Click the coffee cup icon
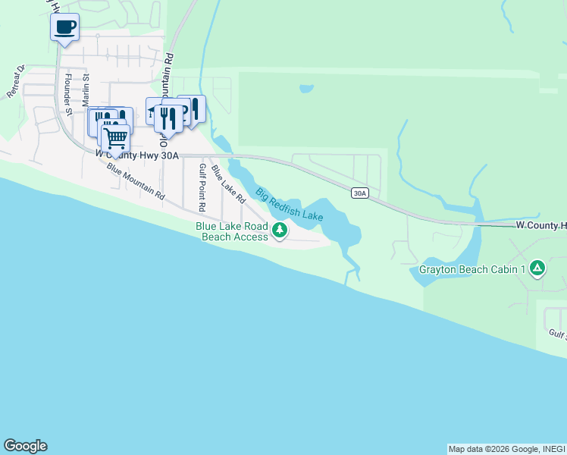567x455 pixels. pos(64,28)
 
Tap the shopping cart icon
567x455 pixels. pos(115,138)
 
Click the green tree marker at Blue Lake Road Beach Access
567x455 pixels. pos(280,231)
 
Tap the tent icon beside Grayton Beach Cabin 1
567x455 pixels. pos(537,268)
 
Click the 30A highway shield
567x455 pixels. pos(360,193)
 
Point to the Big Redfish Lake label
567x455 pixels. pos(289,204)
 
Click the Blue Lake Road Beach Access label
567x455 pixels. pos(232,231)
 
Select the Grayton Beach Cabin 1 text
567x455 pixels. pos(472,269)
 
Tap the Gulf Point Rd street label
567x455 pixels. pos(202,187)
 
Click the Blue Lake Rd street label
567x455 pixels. pos(228,184)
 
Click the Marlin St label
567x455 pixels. pos(86,88)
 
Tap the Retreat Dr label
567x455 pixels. pos(16,81)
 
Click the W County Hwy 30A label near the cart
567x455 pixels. pos(136,155)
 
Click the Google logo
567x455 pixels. pos(25,446)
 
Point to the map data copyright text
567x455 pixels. pos(505,449)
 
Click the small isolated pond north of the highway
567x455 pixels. pos(306,89)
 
